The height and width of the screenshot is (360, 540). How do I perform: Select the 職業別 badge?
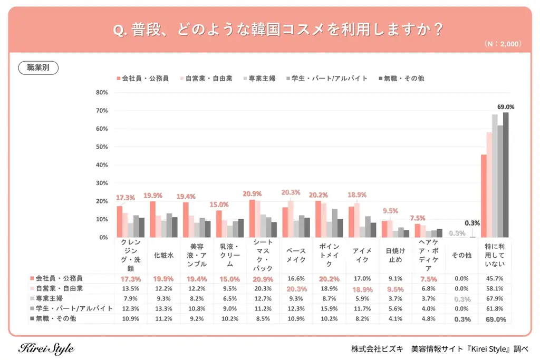pyautogui.click(x=38, y=67)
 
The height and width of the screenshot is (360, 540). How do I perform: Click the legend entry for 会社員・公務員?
pyautogui.click(x=142, y=79)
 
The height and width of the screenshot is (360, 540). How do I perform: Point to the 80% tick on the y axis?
pyautogui.click(x=102, y=93)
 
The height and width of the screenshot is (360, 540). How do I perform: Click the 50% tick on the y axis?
pyautogui.click(x=102, y=147)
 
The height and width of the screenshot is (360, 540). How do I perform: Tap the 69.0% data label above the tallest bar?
pyautogui.click(x=505, y=107)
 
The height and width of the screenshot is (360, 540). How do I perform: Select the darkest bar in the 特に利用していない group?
pyautogui.click(x=505, y=175)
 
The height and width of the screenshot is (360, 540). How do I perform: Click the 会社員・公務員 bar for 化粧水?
pyautogui.click(x=152, y=219)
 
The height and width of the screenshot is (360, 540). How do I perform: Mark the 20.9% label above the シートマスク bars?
pyautogui.click(x=252, y=194)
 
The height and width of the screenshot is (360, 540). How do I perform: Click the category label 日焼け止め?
pyautogui.click(x=396, y=255)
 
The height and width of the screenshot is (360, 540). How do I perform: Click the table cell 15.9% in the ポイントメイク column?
pyautogui.click(x=329, y=309)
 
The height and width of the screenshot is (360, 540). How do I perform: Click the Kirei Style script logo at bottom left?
pyautogui.click(x=46, y=349)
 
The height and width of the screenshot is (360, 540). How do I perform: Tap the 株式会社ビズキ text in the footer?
pyautogui.click(x=378, y=349)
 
